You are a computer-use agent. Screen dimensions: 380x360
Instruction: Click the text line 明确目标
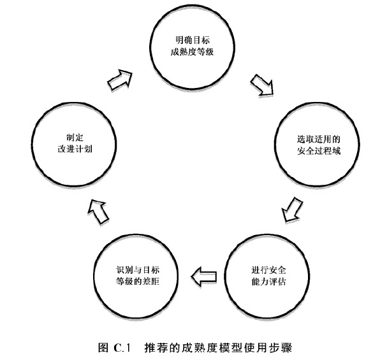pos(193,40)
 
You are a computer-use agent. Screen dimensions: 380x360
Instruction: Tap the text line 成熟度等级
pos(192,52)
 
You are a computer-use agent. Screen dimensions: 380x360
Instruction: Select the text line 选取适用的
pos(319,140)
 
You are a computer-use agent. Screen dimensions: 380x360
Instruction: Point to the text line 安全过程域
pos(319,151)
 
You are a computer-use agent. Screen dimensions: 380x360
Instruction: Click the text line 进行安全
pos(268,270)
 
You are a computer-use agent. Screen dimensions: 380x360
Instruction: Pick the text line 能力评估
pos(268,282)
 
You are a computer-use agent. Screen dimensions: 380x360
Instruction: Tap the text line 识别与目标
pos(138,270)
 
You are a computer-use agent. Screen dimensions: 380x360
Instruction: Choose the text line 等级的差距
pos(138,282)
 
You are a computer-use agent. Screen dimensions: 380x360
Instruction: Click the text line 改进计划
pos(75,148)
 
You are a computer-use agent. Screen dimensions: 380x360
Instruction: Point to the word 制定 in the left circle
pos(75,138)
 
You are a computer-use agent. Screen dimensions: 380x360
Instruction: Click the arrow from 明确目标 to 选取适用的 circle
pos(263,85)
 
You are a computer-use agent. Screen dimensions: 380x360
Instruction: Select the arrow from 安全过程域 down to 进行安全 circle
pos(292,210)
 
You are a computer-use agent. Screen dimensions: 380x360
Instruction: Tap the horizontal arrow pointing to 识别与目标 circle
pos(204,277)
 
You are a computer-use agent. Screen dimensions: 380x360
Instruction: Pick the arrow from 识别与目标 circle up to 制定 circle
pos(98,212)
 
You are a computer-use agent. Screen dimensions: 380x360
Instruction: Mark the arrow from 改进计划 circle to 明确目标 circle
pos(120,80)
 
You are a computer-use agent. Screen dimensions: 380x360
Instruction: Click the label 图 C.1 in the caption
pos(115,348)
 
